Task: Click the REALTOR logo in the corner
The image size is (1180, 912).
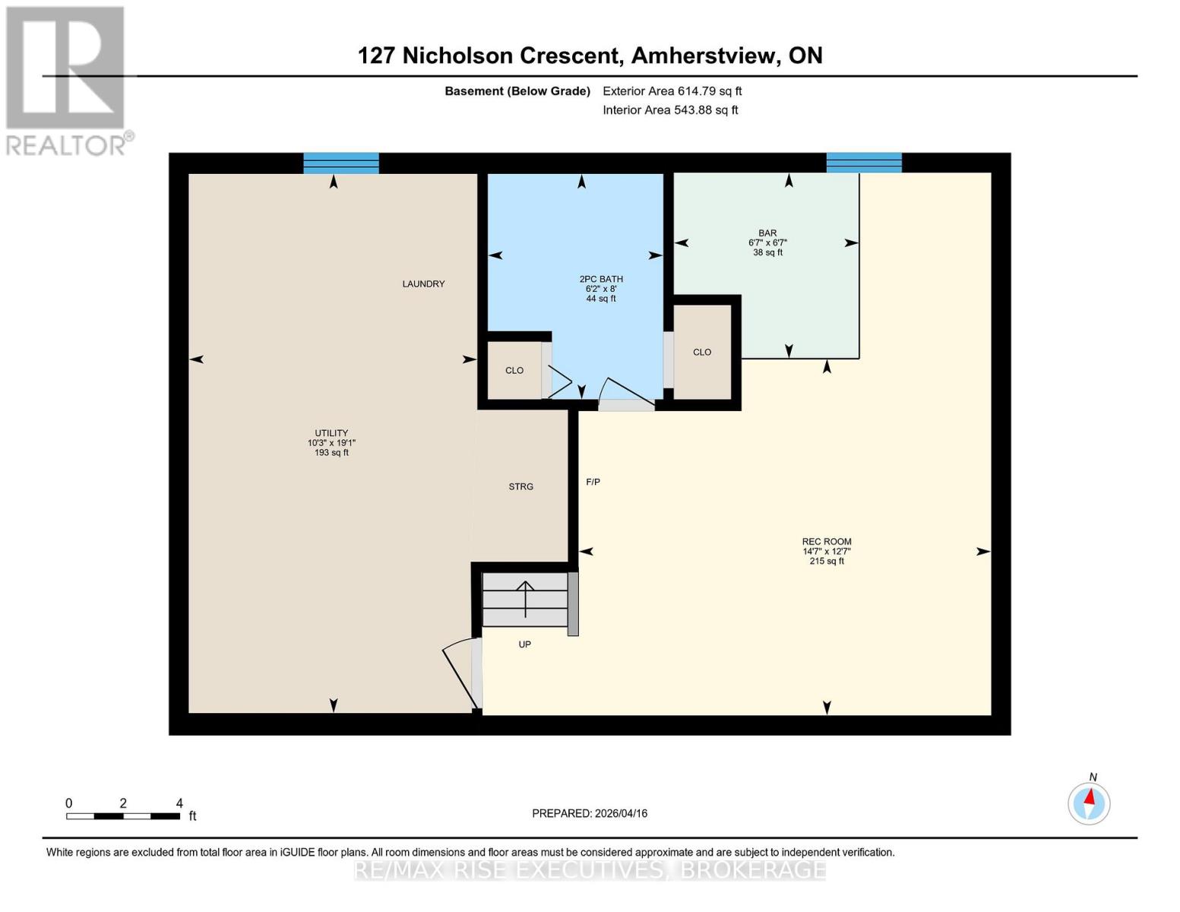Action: point(67,80)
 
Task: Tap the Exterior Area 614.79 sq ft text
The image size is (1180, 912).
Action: point(672,91)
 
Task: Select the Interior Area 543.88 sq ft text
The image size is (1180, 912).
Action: point(670,110)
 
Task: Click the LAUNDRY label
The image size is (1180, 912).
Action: point(423,284)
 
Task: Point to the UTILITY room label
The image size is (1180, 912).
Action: point(331,433)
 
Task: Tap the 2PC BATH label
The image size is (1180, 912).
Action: point(600,280)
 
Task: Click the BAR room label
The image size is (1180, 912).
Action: point(767,234)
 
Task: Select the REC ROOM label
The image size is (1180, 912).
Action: point(827,542)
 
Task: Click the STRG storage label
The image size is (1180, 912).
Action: point(521,486)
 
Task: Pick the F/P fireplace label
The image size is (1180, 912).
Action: point(593,482)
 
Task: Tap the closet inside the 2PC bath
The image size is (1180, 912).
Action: point(514,371)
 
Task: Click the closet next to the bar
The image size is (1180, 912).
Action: point(702,352)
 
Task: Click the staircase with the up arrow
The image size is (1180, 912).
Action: point(525,600)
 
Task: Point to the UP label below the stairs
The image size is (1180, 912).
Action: point(525,644)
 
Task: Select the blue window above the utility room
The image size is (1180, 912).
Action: point(341,163)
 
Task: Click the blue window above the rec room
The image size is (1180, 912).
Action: point(864,163)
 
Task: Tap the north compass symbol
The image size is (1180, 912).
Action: point(1089,803)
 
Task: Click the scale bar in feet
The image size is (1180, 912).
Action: point(123,816)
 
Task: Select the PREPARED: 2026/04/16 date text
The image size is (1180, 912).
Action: point(590,813)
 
